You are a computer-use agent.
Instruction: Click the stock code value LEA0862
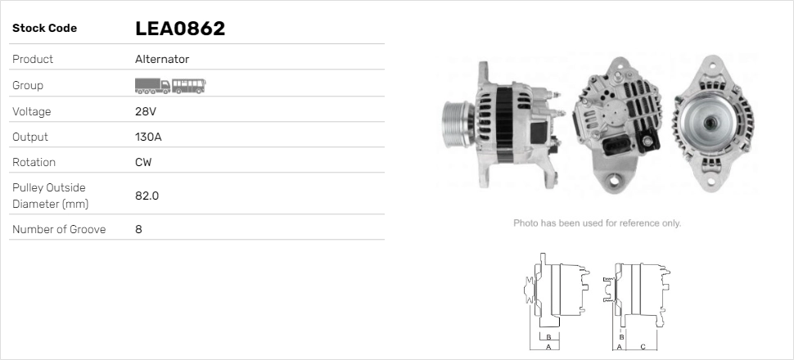tap(179, 29)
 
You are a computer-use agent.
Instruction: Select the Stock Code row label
tap(44, 29)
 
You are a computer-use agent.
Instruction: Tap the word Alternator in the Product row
tap(162, 59)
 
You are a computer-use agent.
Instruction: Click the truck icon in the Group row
tap(152, 85)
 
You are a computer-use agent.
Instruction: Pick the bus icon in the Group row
tap(189, 85)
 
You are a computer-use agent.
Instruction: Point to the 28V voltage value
tap(144, 111)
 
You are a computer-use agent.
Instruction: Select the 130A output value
tap(148, 137)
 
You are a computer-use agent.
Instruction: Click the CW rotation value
tap(143, 162)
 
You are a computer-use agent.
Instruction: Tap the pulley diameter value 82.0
tap(147, 196)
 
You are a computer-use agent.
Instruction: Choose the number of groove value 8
tap(138, 229)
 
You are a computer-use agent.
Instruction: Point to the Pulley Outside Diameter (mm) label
tap(49, 196)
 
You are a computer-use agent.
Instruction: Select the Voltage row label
tap(31, 111)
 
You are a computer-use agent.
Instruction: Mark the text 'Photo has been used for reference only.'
tap(597, 223)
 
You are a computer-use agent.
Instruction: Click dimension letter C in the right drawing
tap(643, 347)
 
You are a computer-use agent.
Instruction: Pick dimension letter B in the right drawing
tap(622, 336)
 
